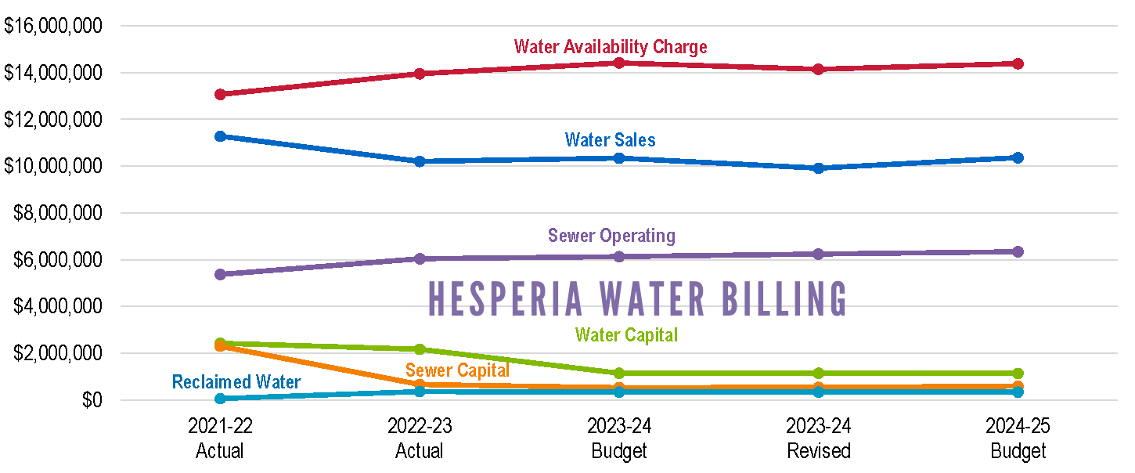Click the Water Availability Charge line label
[x=611, y=47]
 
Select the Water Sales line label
[x=611, y=140]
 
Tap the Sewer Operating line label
[x=611, y=235]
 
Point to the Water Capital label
[x=626, y=335]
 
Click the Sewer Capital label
[x=457, y=370]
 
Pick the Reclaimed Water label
[x=236, y=382]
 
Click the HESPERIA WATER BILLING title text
[x=638, y=298]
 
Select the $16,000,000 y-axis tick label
[x=53, y=26]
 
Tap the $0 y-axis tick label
[x=92, y=400]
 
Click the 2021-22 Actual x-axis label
[x=220, y=439]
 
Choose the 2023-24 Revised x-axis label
[x=819, y=439]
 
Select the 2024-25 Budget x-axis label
[x=1018, y=439]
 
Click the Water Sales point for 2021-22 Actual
[x=221, y=136]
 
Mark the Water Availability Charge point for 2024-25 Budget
[x=1018, y=63]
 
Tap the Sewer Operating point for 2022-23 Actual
[x=420, y=258]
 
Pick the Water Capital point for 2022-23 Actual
[x=420, y=349]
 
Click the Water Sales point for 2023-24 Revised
[x=819, y=168]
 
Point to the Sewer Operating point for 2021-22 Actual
[x=221, y=274]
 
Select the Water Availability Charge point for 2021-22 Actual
[x=221, y=94]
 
